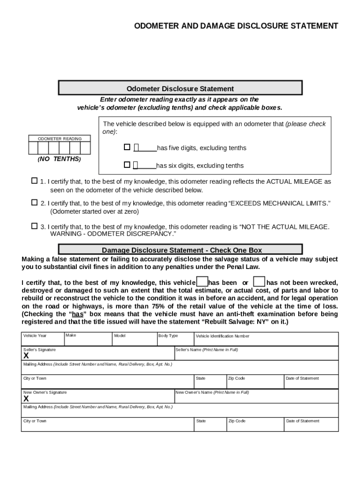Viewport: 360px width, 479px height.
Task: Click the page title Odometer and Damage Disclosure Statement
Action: click(236, 26)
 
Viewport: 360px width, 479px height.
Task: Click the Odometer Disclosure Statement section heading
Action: click(180, 88)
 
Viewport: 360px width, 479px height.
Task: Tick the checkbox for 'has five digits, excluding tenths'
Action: click(127, 147)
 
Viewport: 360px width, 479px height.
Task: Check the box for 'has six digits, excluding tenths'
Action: click(127, 165)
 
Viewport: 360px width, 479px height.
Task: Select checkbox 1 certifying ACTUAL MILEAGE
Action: click(34, 181)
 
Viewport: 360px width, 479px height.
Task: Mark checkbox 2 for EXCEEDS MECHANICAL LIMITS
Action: click(34, 203)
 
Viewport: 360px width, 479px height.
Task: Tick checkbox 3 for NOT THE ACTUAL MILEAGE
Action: click(34, 226)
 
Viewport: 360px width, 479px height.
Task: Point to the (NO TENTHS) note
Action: click(59, 159)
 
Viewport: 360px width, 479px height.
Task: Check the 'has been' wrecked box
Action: click(202, 282)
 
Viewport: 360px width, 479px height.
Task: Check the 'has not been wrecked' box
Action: click(259, 282)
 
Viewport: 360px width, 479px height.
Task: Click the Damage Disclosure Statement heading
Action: click(182, 250)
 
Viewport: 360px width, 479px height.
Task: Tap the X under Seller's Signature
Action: click(26, 356)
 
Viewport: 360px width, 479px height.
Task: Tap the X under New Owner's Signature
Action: click(26, 399)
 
